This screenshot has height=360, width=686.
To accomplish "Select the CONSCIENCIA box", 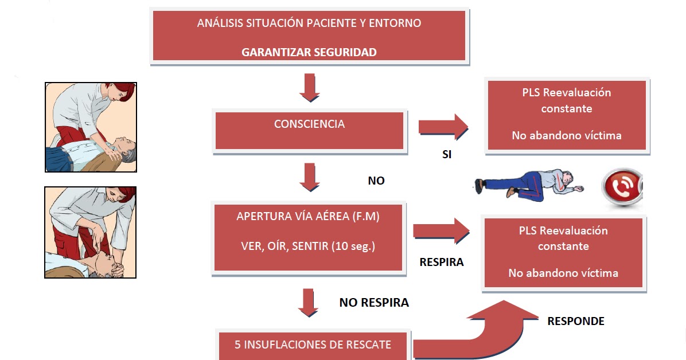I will tap(309, 131).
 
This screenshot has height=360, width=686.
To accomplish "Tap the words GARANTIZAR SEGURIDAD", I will tap(309, 52).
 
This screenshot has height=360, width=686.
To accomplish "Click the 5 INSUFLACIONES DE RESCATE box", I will tap(313, 345).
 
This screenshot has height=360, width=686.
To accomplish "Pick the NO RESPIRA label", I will tap(374, 302).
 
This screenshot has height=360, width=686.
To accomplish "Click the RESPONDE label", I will tap(576, 321).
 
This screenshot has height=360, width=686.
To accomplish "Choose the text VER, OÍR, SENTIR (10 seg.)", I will tap(308, 246).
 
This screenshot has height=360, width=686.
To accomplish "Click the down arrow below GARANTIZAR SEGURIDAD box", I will tap(309, 87).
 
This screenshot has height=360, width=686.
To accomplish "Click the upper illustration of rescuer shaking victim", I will tap(91, 127).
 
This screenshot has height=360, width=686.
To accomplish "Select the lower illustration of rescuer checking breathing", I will tap(91, 232).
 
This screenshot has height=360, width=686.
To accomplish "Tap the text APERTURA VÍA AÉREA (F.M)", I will tap(308, 217).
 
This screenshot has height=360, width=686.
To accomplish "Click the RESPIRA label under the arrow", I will tap(442, 263).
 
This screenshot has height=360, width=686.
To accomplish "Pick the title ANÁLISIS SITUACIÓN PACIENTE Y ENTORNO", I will tap(309, 24).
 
